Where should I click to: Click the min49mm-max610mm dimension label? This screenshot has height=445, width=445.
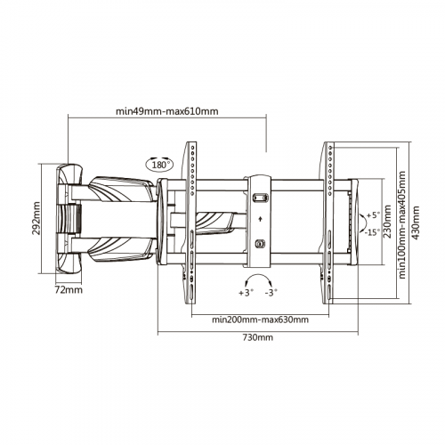[166, 111]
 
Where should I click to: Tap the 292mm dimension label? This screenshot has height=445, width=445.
[36, 218]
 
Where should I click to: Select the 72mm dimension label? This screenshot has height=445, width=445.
[69, 290]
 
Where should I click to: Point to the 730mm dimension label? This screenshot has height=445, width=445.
[258, 337]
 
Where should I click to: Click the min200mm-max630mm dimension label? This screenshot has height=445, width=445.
[260, 320]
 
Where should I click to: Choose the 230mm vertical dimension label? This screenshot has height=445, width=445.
[387, 222]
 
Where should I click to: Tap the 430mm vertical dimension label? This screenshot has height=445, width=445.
[416, 222]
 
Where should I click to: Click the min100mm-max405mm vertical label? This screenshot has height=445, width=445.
[402, 224]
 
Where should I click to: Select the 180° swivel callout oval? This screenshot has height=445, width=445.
[159, 164]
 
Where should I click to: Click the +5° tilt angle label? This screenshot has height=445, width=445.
[373, 215]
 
